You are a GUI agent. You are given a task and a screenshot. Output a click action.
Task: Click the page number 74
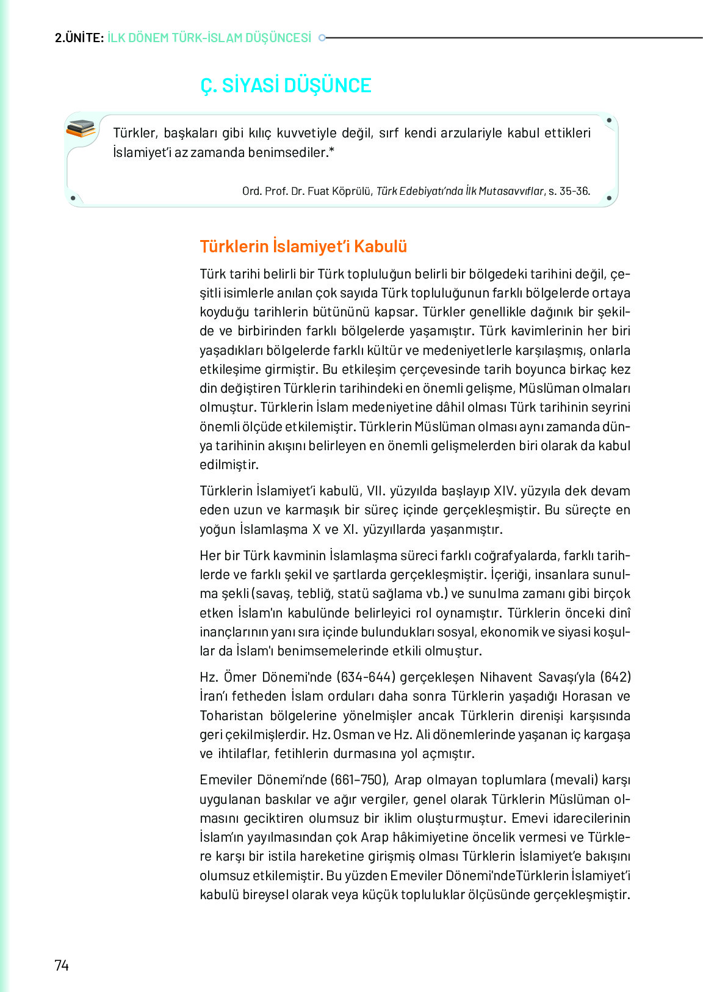click(62, 965)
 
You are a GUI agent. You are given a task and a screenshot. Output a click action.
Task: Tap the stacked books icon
click(81, 128)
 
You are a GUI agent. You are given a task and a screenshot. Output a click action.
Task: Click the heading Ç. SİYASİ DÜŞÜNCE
click(286, 86)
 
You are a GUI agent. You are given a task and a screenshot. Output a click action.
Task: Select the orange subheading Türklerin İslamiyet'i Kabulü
click(303, 246)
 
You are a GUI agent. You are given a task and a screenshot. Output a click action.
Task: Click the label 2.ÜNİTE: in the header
click(79, 38)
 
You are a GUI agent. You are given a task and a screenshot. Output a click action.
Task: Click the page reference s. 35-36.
click(569, 191)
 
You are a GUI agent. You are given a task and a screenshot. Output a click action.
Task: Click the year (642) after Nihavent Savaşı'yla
click(615, 677)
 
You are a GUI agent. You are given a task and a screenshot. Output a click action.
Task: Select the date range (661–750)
click(359, 780)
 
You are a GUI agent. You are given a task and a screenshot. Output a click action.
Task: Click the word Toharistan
click(231, 715)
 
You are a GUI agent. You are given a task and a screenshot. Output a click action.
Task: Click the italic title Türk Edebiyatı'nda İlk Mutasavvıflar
click(460, 191)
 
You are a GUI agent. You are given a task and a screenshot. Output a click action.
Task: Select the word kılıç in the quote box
click(256, 133)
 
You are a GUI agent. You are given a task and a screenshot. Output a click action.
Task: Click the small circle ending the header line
click(322, 38)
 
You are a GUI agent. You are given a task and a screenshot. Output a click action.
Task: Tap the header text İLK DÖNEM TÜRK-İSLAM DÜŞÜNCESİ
click(209, 38)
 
